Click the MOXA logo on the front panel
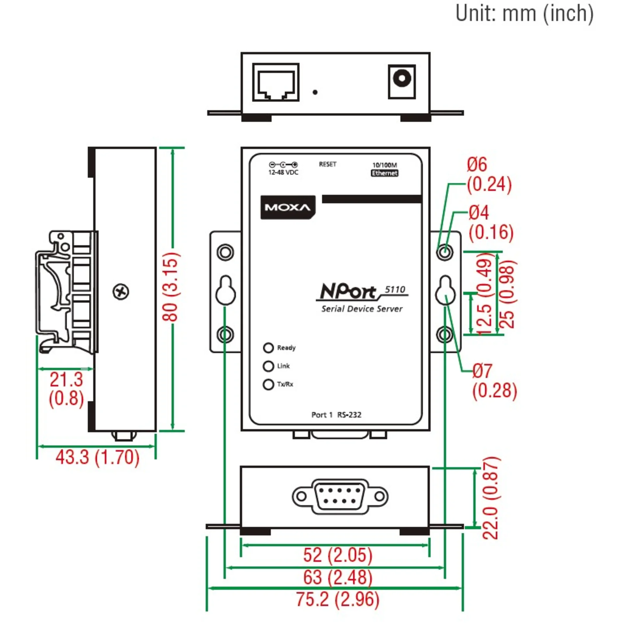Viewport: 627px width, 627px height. point(288,207)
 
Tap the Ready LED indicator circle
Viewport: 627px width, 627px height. point(268,348)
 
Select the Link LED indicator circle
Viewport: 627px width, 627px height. point(268,366)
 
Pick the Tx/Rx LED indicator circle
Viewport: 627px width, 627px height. point(268,384)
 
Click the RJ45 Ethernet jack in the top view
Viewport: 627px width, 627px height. point(276,82)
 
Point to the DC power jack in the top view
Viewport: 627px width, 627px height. point(402,82)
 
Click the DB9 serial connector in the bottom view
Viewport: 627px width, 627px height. point(340,496)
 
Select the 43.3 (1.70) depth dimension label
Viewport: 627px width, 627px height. point(97,457)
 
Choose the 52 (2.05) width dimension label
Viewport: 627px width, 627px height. point(338,555)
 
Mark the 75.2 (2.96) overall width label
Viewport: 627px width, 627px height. point(338,599)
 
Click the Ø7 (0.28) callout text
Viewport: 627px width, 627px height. point(494,381)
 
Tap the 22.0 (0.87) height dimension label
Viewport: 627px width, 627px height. point(491,498)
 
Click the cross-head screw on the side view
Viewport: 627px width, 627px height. point(121,292)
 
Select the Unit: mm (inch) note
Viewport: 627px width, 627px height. point(524,14)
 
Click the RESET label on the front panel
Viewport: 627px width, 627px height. point(328,164)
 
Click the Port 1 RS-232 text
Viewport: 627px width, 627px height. point(336,415)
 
